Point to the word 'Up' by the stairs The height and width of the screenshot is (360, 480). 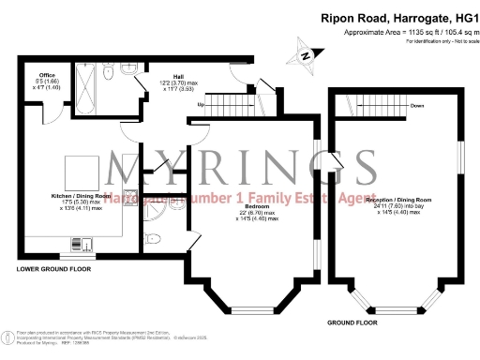pos(201,105)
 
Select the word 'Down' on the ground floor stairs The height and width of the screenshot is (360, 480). pos(418,105)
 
